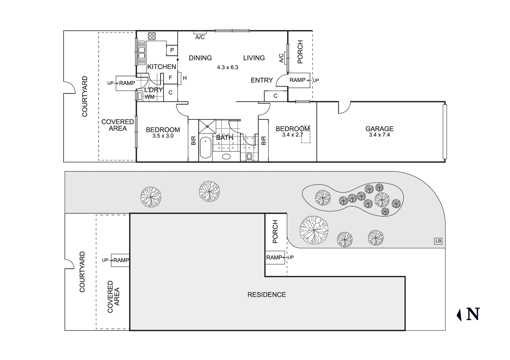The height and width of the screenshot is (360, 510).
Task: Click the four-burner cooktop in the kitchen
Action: click(152, 36)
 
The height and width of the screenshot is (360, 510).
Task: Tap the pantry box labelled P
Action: click(172, 50)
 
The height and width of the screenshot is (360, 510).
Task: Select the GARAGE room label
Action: click(379, 129)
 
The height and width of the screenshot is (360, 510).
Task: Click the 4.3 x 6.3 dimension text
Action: click(227, 68)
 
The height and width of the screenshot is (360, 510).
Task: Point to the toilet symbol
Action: click(249, 156)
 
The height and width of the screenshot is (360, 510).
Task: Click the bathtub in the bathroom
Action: click(205, 148)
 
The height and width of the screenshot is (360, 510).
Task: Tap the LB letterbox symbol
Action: click(438, 241)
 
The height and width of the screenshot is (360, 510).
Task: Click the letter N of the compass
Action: click(473, 314)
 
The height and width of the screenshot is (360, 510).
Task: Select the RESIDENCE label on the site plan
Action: click(266, 295)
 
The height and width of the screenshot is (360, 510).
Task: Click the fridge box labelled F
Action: click(170, 78)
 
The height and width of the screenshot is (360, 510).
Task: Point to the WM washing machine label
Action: click(150, 97)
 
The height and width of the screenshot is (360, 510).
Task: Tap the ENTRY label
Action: click(262, 81)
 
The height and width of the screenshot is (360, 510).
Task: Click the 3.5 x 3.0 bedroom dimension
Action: click(163, 136)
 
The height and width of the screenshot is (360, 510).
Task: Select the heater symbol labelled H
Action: click(180, 78)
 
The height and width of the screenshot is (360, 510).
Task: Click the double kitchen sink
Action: click(141, 53)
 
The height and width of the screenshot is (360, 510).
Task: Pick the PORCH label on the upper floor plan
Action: click(300, 52)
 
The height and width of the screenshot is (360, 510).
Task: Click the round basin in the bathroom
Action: click(226, 156)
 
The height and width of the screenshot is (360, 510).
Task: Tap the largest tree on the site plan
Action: click(314, 230)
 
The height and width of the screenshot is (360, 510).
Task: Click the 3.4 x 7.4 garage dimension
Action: click(379, 135)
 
